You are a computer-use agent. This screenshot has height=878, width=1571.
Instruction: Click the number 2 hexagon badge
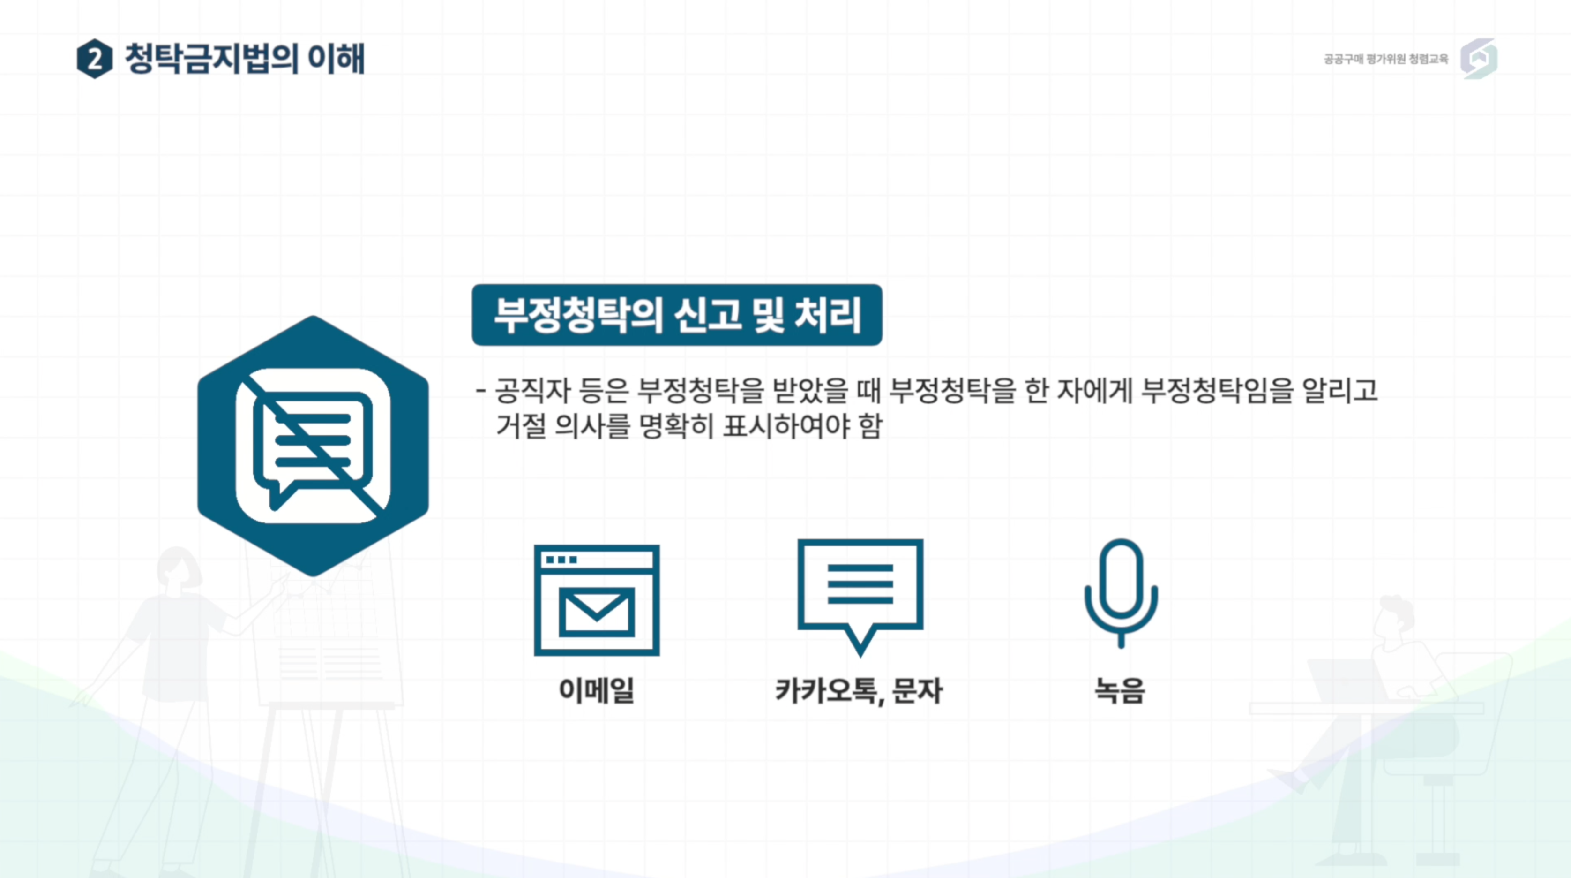[95, 59]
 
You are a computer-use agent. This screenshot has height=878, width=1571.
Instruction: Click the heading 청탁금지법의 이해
[245, 59]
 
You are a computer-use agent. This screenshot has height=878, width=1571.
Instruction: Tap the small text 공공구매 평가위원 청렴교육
[1385, 59]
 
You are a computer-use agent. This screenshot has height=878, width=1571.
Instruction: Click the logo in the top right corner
[1479, 59]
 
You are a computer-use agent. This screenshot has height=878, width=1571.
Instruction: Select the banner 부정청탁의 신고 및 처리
[677, 315]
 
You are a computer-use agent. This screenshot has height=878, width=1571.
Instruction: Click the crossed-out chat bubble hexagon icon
[313, 446]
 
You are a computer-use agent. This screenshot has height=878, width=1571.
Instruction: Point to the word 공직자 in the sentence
[532, 391]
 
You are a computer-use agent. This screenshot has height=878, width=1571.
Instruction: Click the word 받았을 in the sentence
[810, 391]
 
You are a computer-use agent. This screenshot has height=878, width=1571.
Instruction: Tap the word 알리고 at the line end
[1340, 391]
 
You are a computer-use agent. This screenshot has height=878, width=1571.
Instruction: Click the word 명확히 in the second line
[676, 426]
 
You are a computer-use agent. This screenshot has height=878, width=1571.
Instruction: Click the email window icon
[597, 600]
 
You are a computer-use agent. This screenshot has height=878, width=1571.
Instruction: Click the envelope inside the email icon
[597, 612]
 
